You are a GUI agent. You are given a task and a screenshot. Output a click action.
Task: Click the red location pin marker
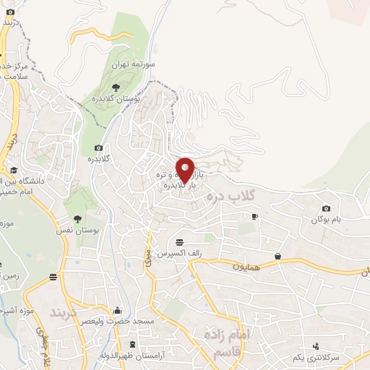coord(185,170)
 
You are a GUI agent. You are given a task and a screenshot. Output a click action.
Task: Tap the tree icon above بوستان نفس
coord(78,218)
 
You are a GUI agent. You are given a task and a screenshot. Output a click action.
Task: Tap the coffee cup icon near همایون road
coord(278,256)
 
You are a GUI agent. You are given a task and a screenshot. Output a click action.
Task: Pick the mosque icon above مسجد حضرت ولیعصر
coord(118,310)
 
